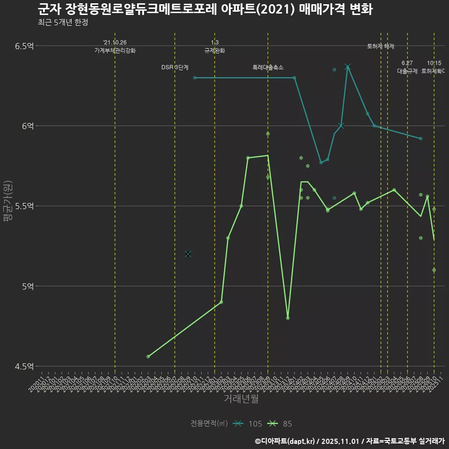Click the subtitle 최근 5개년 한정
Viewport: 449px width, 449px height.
[62, 22]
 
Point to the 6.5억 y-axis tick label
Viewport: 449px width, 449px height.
[24, 46]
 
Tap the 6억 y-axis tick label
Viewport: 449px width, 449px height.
[28, 126]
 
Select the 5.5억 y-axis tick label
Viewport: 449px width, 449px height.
[24, 206]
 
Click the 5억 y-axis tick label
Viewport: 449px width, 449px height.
[28, 286]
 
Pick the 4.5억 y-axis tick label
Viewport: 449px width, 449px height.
[24, 366]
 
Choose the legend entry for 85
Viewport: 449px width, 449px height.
[281, 424]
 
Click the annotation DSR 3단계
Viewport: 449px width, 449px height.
[175, 67]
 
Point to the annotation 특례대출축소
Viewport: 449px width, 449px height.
[268, 67]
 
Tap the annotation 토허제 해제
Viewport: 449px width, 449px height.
[381, 46]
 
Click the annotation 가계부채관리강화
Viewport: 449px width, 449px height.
[115, 51]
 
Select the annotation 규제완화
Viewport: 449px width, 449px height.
[215, 51]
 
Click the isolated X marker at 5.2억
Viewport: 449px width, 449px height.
[188, 254]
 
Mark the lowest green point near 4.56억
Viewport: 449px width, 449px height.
[148, 356]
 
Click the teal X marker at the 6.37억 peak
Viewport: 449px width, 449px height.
[348, 67]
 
